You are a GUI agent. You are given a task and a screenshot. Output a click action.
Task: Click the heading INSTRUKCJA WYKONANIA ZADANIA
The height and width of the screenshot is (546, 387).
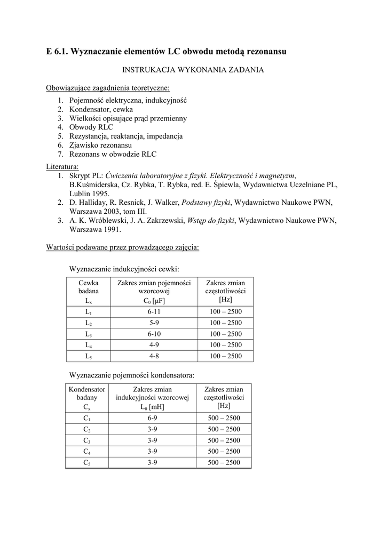point(193,70)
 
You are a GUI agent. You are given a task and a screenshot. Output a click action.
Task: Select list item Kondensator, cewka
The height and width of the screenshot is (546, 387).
point(101,109)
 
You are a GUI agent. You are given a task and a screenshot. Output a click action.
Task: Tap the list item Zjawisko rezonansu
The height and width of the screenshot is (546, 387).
point(101,145)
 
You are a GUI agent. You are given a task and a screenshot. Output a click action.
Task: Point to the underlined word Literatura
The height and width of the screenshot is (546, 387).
point(63,166)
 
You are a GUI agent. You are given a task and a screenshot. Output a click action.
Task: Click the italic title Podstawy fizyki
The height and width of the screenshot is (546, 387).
point(206,202)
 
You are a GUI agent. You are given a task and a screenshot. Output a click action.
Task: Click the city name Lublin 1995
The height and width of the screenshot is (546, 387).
point(90,193)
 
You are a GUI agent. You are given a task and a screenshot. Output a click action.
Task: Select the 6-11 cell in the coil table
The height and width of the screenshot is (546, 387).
point(154,311)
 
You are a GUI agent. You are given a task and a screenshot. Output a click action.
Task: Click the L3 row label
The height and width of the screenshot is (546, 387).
point(89,334)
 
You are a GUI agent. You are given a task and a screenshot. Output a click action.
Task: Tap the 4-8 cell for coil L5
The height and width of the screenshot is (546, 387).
point(154,356)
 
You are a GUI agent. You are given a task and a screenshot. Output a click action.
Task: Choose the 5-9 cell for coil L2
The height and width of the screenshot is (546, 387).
point(154,323)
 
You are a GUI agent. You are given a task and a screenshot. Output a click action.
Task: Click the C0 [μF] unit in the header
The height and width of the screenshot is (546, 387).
point(154,301)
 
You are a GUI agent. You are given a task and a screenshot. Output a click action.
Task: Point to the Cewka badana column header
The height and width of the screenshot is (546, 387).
point(89,287)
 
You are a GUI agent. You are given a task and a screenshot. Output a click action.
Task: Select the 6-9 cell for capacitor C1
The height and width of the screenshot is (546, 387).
point(152,418)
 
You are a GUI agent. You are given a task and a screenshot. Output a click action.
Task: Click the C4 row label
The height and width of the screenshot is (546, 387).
point(87,452)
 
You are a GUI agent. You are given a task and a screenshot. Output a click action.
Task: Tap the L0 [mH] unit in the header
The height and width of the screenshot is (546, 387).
point(152,407)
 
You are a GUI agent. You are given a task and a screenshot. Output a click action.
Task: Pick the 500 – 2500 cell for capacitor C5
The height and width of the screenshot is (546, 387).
point(224,463)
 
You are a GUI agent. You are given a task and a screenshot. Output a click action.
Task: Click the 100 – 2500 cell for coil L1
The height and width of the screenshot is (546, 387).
point(225,311)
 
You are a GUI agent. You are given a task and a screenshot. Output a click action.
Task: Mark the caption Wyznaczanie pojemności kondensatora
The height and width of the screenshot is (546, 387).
point(132,375)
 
